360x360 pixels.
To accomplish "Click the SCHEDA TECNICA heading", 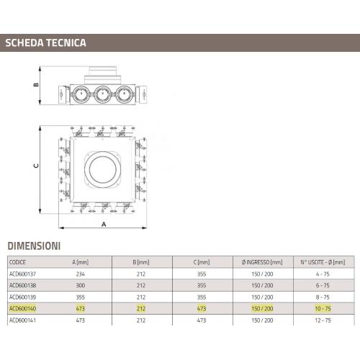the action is [45, 42].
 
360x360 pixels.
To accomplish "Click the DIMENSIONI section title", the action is [34, 246].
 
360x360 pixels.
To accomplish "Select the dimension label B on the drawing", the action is [36, 84].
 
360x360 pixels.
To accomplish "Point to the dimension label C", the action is [36, 166].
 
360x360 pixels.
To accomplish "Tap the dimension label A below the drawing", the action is [104, 224].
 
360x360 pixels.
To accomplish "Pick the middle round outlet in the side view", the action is [102, 94].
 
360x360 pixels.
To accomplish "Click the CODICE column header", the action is [17, 262].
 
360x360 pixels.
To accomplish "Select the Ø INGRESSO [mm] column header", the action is [262, 262].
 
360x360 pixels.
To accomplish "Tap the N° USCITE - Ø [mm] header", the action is [323, 262].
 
